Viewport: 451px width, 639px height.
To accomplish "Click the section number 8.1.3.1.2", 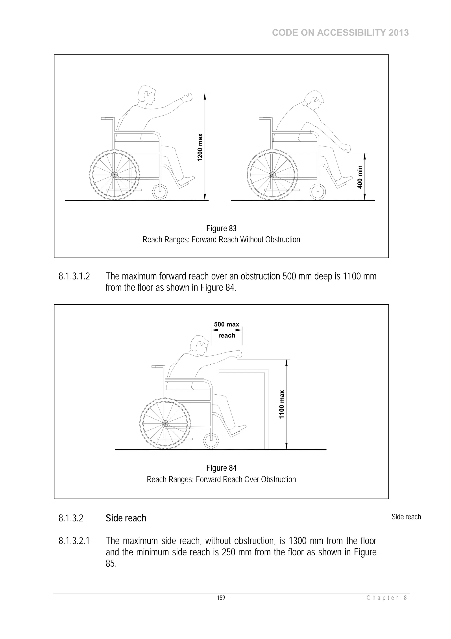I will coord(74,276).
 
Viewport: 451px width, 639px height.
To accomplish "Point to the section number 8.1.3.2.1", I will coord(74,541).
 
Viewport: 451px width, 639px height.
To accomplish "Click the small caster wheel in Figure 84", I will coord(211,441).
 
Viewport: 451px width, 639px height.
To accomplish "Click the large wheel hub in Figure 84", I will coord(165,424).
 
